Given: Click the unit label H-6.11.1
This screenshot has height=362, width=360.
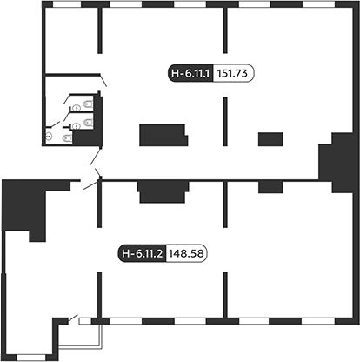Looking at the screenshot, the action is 190,73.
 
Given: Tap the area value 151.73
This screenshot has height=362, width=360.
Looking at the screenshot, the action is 232,73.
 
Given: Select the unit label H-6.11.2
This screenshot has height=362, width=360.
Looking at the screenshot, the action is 142,253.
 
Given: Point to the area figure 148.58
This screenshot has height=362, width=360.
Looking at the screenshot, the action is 186,253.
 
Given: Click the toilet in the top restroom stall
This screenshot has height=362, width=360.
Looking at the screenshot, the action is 88,104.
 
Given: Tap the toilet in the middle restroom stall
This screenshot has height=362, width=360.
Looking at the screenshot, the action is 88,123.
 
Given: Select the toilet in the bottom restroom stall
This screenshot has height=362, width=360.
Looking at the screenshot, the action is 67,138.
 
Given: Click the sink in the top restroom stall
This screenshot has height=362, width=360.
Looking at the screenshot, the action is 76,108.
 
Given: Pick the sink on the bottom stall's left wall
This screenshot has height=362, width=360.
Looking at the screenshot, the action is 49,136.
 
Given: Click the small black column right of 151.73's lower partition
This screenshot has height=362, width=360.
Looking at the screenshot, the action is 270,139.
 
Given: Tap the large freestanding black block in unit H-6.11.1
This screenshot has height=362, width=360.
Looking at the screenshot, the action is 163,135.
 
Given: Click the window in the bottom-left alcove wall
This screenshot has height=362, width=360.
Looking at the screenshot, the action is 30,358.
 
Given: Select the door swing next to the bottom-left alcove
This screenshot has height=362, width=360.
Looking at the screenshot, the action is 73,318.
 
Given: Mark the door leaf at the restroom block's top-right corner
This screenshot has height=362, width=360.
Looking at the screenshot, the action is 103,80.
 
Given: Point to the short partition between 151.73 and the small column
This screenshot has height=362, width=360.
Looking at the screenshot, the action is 225,121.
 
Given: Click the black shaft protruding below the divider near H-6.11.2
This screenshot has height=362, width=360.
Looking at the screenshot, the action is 163,192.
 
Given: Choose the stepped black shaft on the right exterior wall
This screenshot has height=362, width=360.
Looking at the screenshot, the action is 337,163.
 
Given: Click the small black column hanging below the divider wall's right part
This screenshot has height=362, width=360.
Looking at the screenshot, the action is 270,187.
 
